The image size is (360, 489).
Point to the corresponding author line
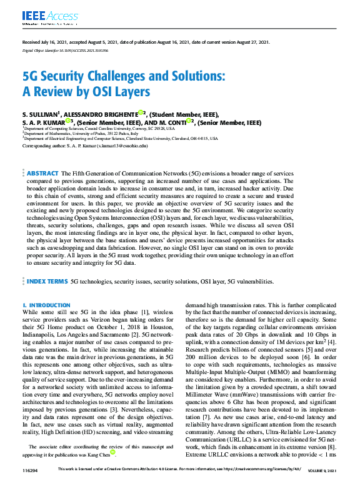(x=84, y=146)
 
